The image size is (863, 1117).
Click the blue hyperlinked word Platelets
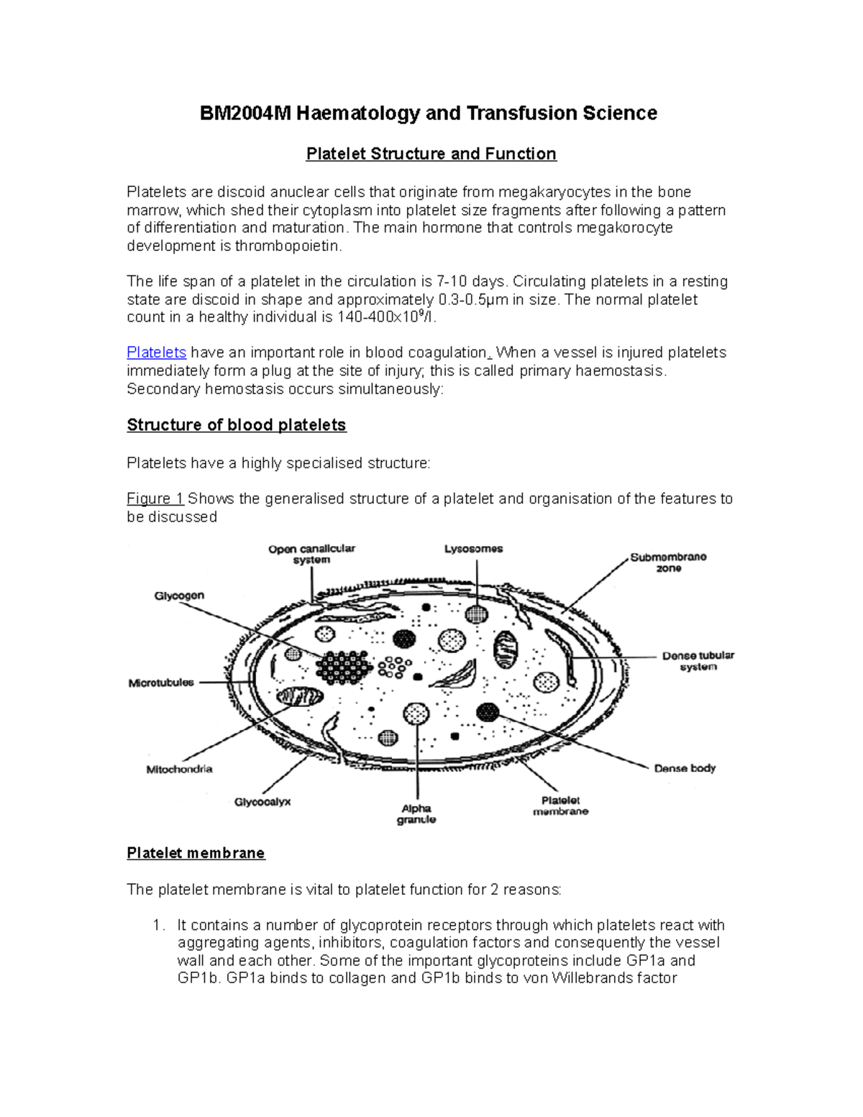tap(156, 352)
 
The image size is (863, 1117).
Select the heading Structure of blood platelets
tap(237, 425)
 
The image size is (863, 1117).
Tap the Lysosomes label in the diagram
tap(473, 549)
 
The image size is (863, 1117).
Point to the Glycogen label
tap(179, 596)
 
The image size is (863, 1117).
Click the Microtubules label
tap(161, 683)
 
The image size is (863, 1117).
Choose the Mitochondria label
tap(179, 769)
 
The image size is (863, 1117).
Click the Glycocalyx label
tap(262, 801)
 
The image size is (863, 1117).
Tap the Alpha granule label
tap(416, 813)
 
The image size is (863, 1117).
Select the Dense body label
tap(685, 768)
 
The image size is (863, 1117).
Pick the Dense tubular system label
tap(698, 661)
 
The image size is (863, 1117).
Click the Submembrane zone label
tap(668, 562)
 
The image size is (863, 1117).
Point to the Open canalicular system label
tap(311, 554)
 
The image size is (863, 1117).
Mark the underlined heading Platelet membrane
tap(196, 853)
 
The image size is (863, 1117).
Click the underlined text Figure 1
tap(155, 498)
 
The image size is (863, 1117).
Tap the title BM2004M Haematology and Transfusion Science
tap(428, 113)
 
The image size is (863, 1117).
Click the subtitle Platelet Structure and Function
tap(431, 154)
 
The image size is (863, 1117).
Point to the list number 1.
tap(159, 925)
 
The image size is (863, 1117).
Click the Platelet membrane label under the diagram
tap(560, 806)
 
